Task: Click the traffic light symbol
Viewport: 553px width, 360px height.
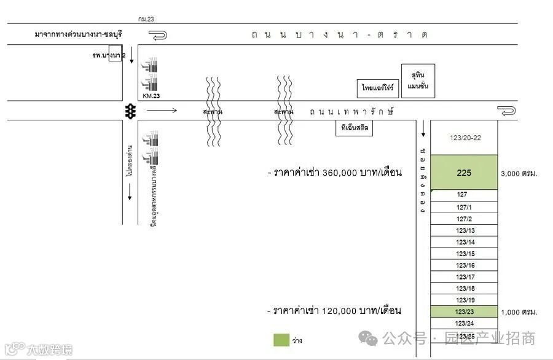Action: point(130,111)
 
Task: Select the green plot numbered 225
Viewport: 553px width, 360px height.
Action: point(464,173)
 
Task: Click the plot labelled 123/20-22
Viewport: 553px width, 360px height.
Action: point(465,138)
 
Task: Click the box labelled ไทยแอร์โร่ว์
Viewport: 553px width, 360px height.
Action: point(377,88)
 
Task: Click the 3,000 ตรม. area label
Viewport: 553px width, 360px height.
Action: point(519,174)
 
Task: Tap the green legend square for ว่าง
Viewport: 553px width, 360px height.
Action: point(281,340)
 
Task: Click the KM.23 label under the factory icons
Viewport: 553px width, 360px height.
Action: point(151,96)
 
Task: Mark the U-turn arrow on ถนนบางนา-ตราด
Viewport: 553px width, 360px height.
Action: point(159,36)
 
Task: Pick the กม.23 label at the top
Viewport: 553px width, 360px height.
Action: point(146,20)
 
